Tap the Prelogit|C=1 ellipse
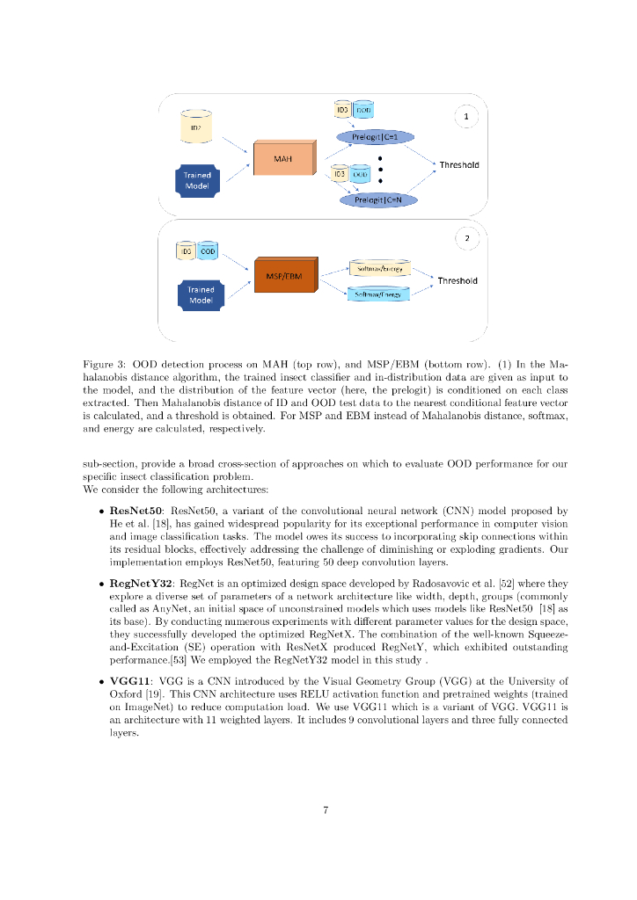375,137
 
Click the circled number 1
465,117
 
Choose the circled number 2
466,238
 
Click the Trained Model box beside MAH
197,180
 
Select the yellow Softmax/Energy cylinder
377,267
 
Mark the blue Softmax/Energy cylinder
377,294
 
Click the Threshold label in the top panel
458,165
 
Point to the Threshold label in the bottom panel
458,281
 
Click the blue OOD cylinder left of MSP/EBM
208,251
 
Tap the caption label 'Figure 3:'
105,364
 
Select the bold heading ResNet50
135,510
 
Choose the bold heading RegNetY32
140,582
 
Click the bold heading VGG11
128,680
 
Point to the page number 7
326,810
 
